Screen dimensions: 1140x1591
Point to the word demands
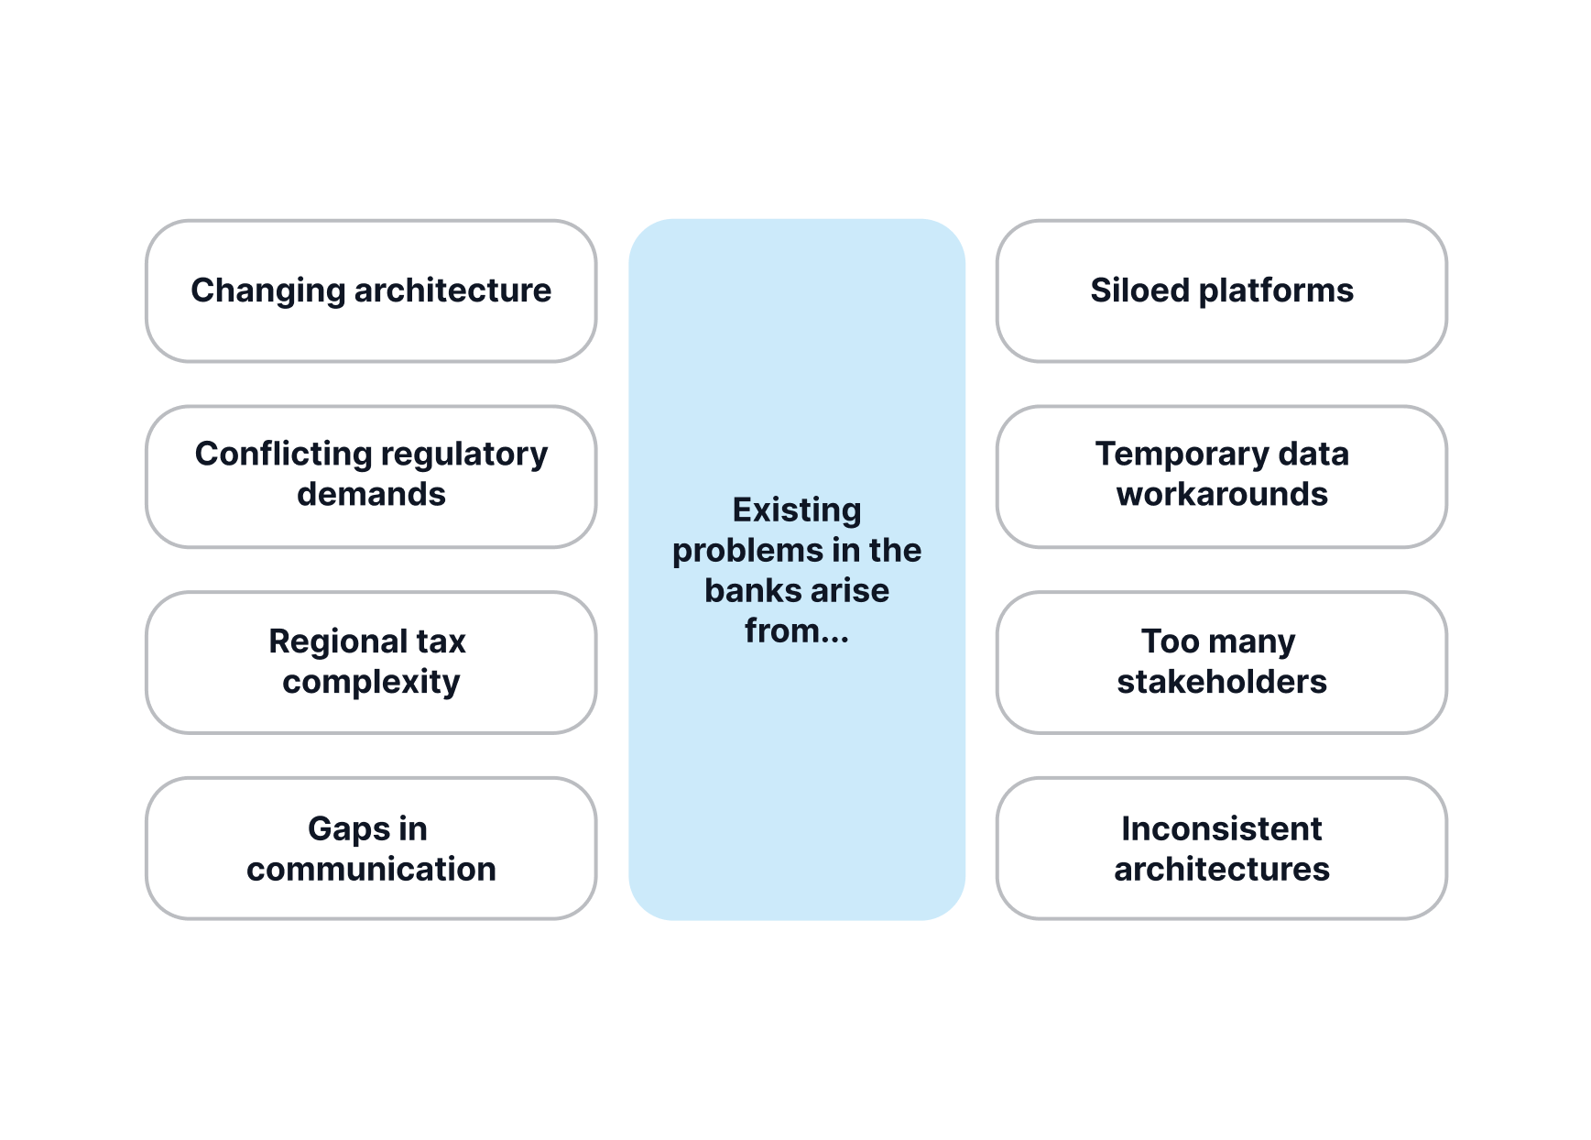(371, 495)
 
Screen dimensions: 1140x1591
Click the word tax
(441, 641)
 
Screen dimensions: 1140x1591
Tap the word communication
(371, 869)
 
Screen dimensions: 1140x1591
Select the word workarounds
(1221, 495)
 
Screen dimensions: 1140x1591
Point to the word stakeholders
(1221, 682)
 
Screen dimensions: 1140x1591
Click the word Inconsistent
(1221, 829)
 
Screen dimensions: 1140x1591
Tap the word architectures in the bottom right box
(1221, 869)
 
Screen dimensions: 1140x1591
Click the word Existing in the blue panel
(797, 510)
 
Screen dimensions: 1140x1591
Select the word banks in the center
(747, 591)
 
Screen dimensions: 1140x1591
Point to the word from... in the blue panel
(797, 631)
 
